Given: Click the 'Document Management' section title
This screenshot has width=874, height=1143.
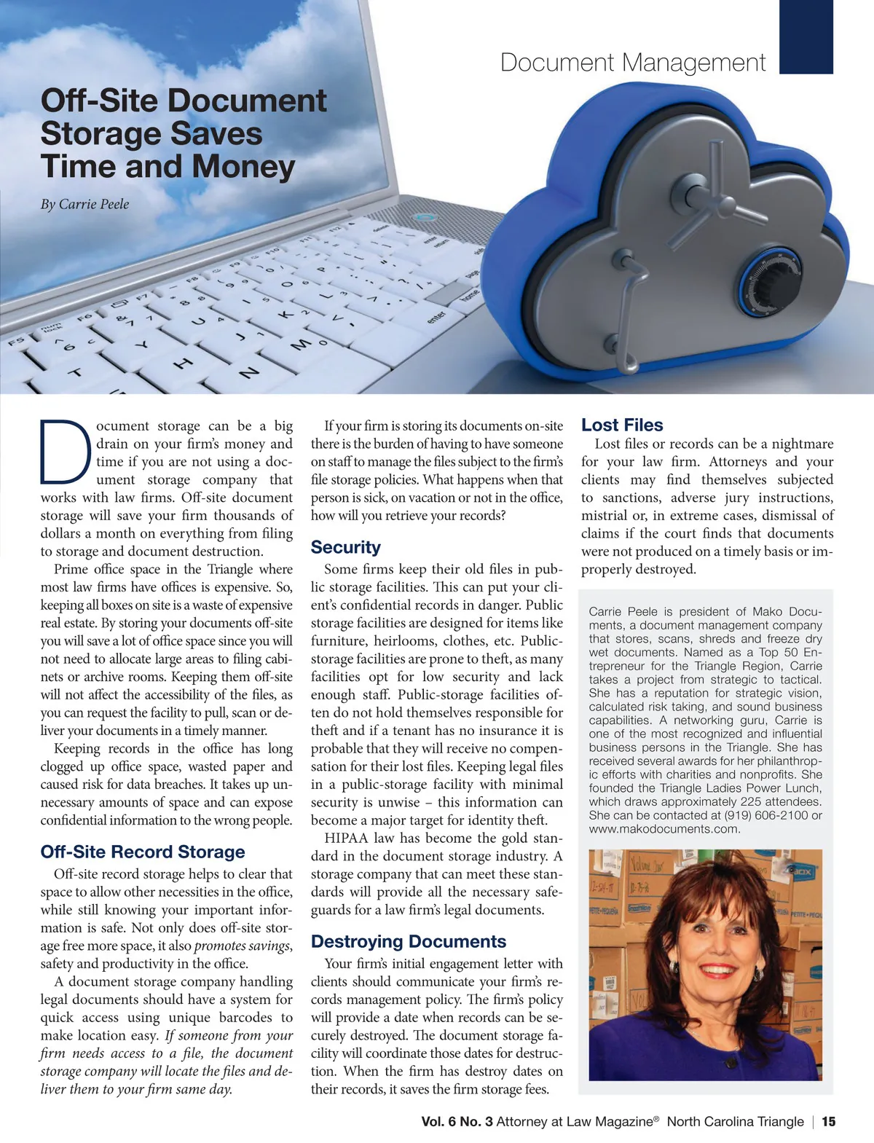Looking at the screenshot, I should click(632, 63).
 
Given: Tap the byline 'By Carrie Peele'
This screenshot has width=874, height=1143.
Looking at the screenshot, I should click(84, 204).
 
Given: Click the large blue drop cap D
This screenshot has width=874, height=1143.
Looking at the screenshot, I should click(66, 452).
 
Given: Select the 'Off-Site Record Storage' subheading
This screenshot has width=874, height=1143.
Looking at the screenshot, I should click(143, 852).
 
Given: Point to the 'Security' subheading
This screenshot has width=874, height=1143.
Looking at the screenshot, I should click(345, 547).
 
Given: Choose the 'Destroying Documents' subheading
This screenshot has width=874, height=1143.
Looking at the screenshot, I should click(408, 941).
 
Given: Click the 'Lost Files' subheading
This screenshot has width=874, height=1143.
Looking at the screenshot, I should click(622, 425).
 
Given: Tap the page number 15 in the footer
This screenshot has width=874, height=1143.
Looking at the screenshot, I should click(829, 1122).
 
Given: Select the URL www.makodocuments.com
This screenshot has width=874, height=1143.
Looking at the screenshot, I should click(664, 829).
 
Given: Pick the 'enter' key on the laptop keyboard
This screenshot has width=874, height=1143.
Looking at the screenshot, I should click(437, 317).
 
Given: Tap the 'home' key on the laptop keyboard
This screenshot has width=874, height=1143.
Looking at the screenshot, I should click(470, 294).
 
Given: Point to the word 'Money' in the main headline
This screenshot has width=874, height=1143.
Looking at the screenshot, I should click(243, 166).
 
